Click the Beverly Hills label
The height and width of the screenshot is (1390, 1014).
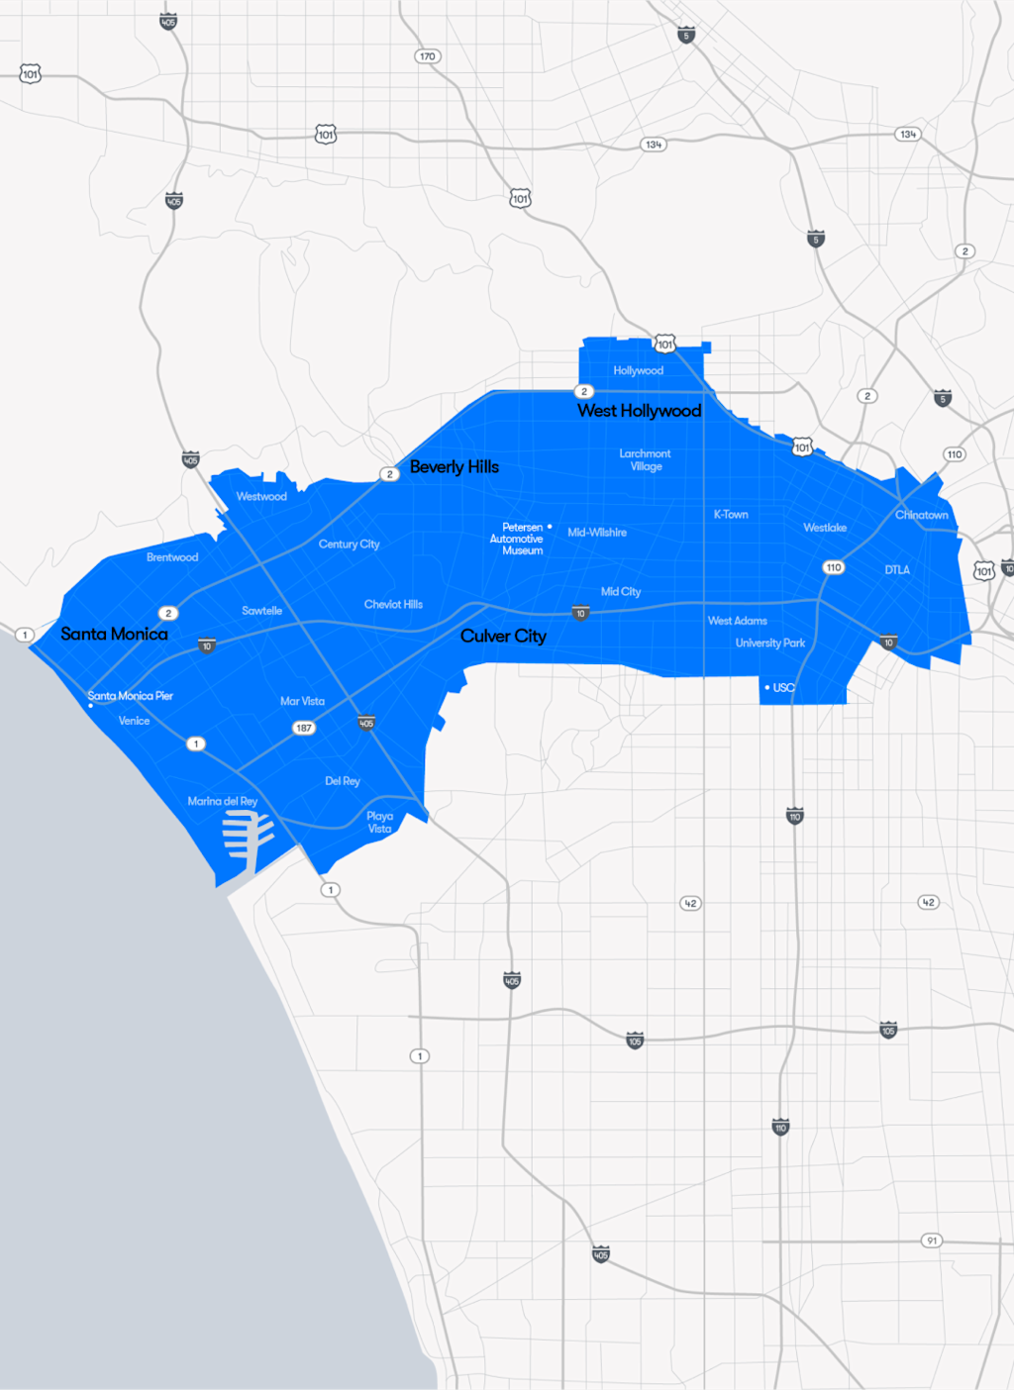(455, 467)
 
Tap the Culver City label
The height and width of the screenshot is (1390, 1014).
(503, 637)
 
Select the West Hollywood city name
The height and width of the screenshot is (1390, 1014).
(639, 411)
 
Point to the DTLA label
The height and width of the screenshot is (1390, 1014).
(897, 570)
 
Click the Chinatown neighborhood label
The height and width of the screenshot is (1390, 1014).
(921, 515)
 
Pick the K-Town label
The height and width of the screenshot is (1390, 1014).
(731, 515)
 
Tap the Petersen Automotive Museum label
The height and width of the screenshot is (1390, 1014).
(517, 539)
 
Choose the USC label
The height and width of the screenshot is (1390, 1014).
(783, 688)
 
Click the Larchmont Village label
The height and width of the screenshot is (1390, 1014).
(646, 460)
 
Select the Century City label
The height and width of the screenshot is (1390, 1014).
(349, 545)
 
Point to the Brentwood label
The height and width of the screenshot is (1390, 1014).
(172, 557)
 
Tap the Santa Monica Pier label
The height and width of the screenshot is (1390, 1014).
(131, 696)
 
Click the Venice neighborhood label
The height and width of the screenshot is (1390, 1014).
(134, 721)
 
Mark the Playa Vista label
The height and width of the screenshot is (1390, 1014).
(380, 823)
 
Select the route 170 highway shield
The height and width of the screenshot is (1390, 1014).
(427, 56)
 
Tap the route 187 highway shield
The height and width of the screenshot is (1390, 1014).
(304, 728)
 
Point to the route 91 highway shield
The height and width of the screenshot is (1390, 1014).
(931, 1241)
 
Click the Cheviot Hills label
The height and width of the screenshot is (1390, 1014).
(393, 605)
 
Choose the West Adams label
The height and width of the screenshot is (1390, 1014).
(737, 621)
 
